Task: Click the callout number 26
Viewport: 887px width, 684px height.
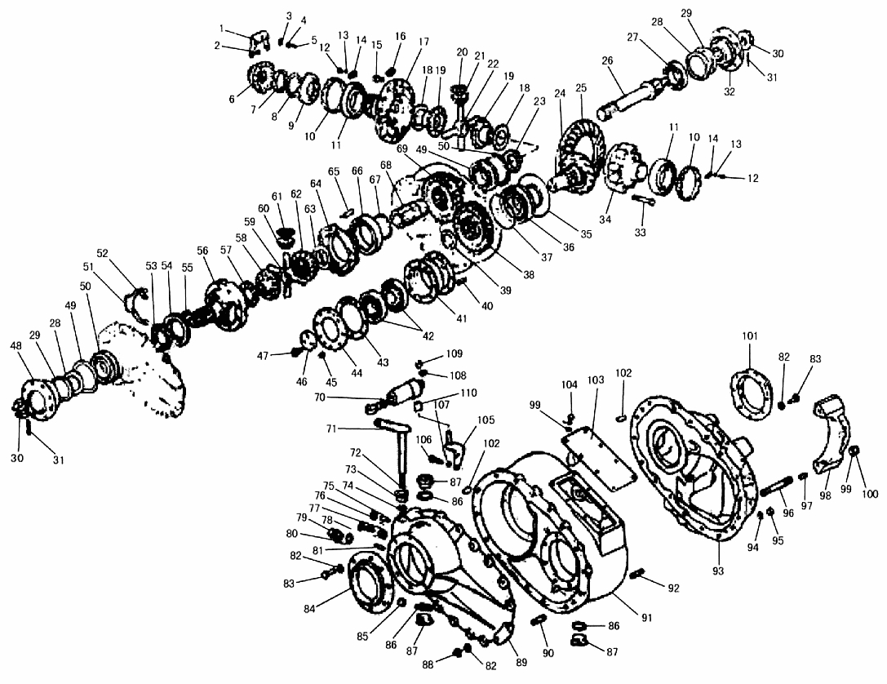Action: point(608,61)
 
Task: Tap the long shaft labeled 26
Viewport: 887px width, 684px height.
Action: point(636,97)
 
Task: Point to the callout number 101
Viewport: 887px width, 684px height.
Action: point(750,336)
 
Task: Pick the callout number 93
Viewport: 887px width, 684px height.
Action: point(718,571)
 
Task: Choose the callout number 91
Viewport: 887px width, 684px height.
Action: point(646,618)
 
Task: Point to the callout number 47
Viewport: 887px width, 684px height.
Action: point(263,356)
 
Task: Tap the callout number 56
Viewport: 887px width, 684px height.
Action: point(202,251)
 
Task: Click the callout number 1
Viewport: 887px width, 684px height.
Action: point(222,29)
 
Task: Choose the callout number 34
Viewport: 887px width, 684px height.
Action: point(605,219)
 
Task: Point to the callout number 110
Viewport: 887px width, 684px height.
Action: point(468,393)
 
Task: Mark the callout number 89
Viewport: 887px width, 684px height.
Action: point(521,661)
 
